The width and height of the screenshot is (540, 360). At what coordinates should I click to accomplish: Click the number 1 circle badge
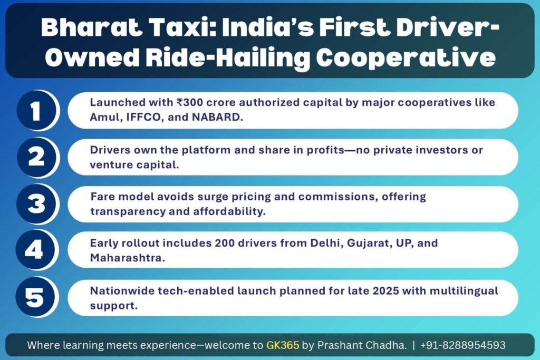click(x=36, y=110)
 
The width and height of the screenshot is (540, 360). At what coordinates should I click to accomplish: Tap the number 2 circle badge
click(x=36, y=157)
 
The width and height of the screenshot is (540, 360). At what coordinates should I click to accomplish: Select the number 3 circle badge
click(x=36, y=204)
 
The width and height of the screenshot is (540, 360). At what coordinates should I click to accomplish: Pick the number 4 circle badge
click(x=35, y=249)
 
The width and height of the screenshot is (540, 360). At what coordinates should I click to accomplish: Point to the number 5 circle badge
click(x=35, y=297)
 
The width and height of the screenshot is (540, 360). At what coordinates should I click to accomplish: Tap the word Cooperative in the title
click(x=406, y=57)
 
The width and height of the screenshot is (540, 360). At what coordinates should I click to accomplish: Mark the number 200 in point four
click(x=225, y=243)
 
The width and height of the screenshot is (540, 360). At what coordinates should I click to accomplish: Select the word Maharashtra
click(x=128, y=258)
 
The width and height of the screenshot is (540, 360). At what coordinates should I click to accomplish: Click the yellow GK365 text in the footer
click(x=283, y=345)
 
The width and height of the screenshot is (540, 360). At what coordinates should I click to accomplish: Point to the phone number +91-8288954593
click(x=463, y=345)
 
